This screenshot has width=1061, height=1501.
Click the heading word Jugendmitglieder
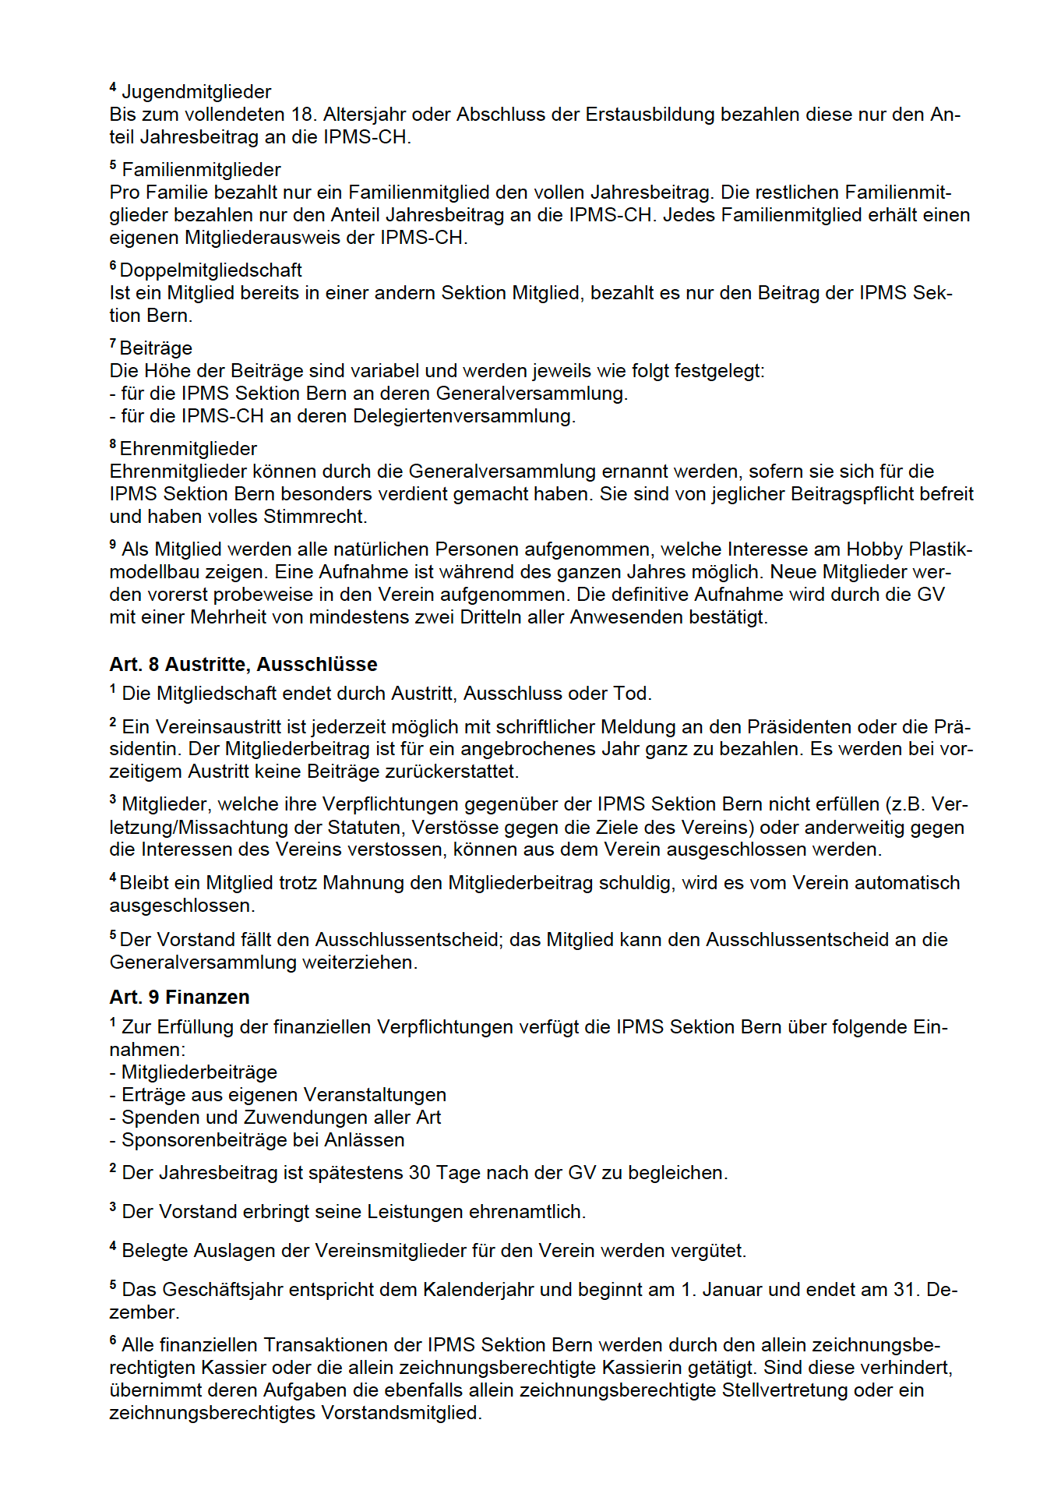(196, 92)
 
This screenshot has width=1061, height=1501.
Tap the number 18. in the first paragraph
(302, 115)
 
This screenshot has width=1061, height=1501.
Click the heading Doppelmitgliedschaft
(210, 270)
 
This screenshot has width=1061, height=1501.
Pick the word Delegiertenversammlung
(463, 416)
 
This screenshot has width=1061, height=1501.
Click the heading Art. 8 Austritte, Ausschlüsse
(243, 664)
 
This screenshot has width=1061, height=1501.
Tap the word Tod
(636, 694)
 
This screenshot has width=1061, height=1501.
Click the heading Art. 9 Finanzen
(179, 997)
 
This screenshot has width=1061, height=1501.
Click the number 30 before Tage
(419, 1173)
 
